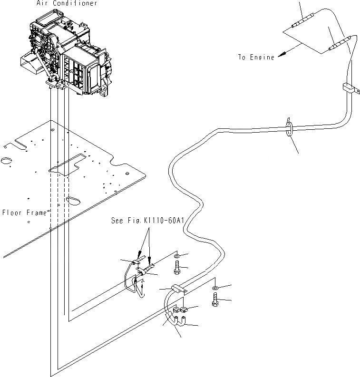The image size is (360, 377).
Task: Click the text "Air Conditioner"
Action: [x=67, y=3]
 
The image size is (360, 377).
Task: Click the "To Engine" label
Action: [x=256, y=57]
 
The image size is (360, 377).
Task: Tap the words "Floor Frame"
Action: [x=24, y=213]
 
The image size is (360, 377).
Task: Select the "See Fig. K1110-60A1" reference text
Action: [x=147, y=221]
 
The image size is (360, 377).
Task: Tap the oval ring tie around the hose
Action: [x=289, y=129]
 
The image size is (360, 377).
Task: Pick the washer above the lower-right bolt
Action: [x=215, y=289]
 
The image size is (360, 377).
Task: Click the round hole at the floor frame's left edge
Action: [x=6, y=161]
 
